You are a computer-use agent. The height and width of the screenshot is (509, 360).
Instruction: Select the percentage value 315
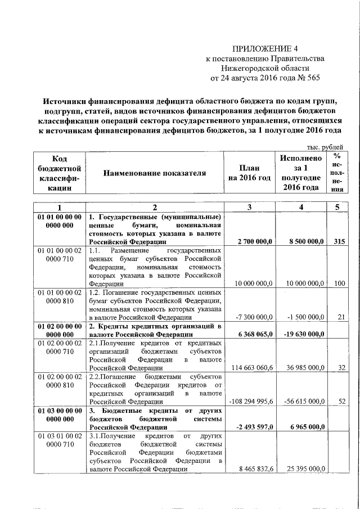point(337,241)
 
